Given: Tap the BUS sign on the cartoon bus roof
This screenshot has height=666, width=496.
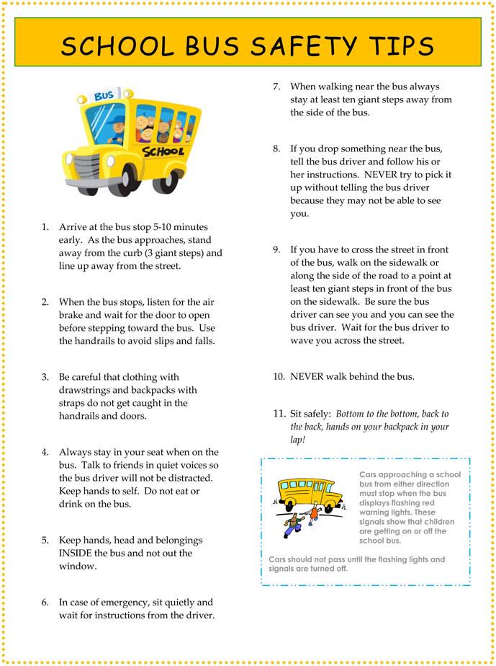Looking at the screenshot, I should point(104,95).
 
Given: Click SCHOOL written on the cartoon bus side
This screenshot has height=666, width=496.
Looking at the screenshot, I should point(163,151).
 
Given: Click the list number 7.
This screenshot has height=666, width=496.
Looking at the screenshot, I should point(276,86).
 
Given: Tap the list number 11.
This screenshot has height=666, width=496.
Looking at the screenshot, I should point(278,414).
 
